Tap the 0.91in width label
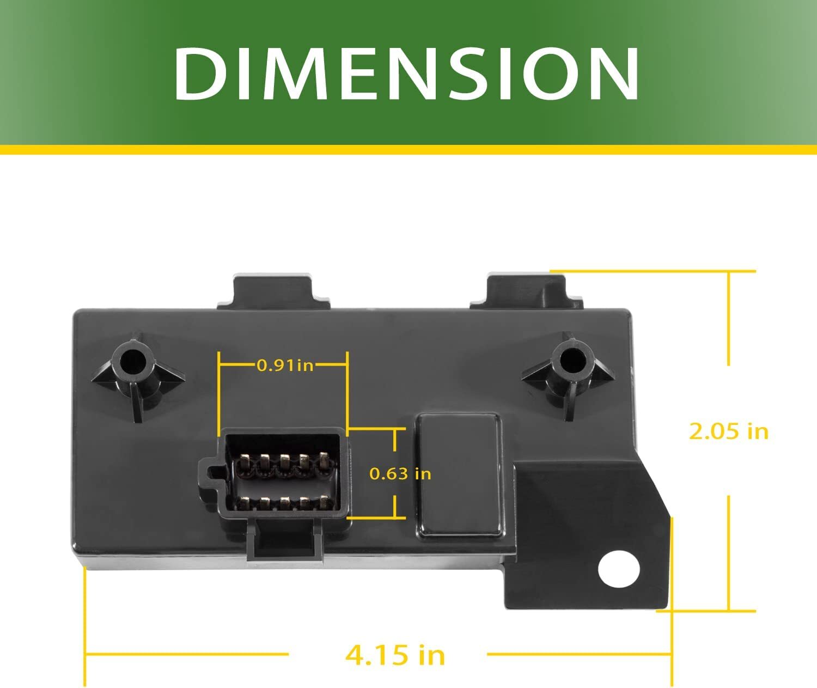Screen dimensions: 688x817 (285, 365)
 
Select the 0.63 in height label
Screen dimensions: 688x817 (400, 473)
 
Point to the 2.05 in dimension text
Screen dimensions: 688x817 (728, 431)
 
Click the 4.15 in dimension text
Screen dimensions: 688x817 (395, 654)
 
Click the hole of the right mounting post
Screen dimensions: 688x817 (570, 360)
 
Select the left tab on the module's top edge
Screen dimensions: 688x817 (272, 292)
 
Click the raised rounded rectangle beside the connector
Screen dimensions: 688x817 (459, 475)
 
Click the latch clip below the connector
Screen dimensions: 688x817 (283, 541)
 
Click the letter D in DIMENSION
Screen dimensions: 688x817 (199, 74)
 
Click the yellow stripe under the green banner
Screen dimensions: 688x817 (408, 150)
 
